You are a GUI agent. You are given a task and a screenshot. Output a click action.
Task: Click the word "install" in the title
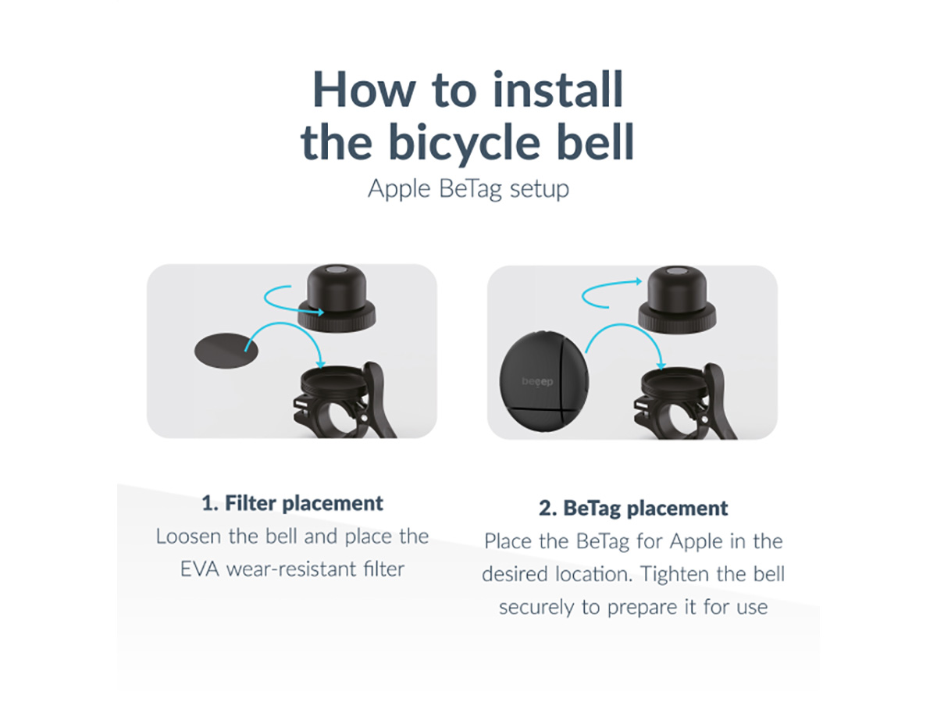558,90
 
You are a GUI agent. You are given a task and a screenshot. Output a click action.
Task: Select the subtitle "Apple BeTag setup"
468,189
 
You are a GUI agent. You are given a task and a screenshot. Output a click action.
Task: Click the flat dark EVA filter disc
226,351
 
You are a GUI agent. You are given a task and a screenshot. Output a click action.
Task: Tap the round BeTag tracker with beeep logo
544,380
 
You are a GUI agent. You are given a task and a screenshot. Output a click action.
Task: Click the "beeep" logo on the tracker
537,382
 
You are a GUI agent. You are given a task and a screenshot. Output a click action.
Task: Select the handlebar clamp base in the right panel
686,401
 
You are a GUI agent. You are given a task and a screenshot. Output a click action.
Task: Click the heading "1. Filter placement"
292,503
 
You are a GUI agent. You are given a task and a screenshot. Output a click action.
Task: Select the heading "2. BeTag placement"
633,508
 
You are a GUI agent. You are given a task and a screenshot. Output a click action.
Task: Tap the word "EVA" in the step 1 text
199,569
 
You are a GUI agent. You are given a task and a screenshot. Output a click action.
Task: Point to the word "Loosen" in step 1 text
188,537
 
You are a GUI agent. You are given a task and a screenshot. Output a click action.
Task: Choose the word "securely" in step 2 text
536,608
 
